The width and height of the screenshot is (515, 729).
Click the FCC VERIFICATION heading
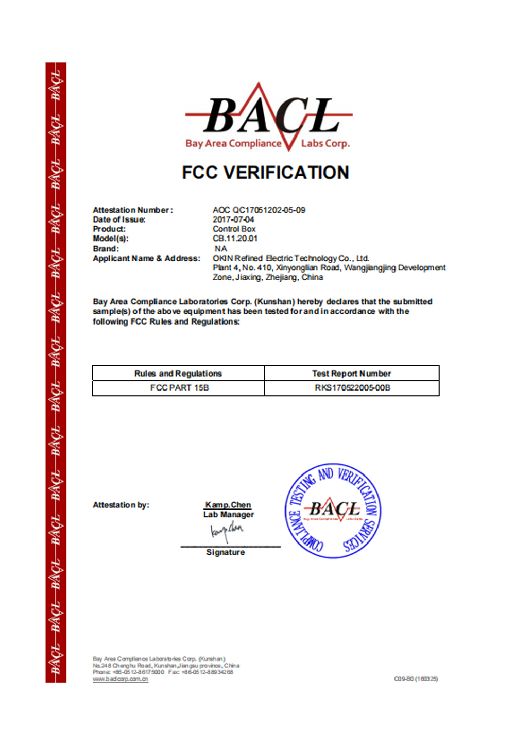pos(265,173)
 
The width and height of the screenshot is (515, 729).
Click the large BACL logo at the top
pos(268,118)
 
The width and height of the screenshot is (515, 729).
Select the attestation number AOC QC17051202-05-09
pos(259,210)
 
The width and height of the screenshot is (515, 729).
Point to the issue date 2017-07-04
pos(233,219)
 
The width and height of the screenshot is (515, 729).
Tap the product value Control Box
pos(234,229)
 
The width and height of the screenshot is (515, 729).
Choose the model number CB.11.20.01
pos(235,239)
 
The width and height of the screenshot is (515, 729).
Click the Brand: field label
pos(106,249)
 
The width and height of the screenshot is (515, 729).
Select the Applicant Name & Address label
pos(146,258)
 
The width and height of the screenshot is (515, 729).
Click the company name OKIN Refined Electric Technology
pos(290,258)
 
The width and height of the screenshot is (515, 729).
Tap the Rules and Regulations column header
pos(178,374)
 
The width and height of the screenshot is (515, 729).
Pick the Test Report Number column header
pos(351,374)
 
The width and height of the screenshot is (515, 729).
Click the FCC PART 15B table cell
pos(179,388)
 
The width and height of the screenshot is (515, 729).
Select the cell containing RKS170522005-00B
pos(352,388)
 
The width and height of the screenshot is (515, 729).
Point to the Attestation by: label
pos(121,505)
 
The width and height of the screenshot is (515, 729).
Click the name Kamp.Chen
pos(228,505)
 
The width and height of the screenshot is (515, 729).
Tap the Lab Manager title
pos(229,515)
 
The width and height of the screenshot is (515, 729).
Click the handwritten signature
pos(227,531)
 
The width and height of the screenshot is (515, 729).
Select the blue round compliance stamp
pos(333,511)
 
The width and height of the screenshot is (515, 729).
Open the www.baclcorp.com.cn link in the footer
pos(121,679)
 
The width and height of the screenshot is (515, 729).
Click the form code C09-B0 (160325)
pos(416,679)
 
